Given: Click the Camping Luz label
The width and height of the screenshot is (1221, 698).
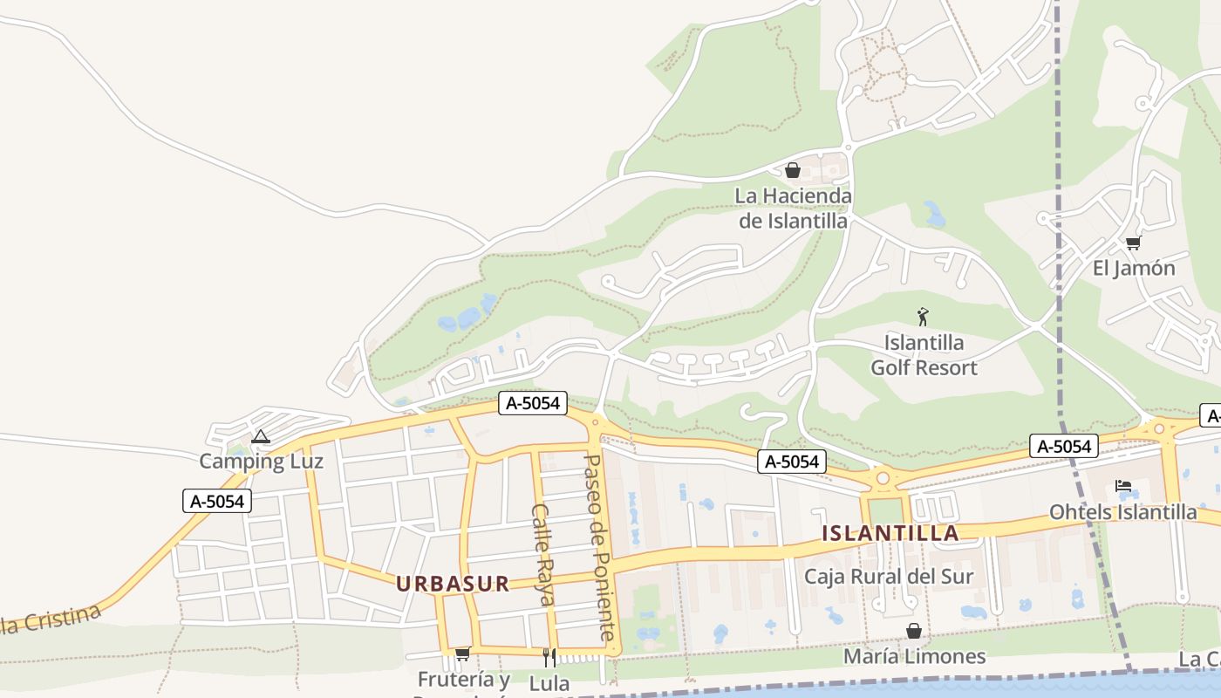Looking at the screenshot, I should (261, 462).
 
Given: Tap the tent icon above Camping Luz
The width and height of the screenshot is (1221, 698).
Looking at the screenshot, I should (260, 436).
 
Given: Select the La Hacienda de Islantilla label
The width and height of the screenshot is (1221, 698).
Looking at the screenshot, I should (793, 209).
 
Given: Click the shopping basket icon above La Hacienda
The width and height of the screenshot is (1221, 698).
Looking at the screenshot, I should (793, 170).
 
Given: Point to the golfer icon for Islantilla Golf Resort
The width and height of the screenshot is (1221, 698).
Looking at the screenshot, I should (923, 317).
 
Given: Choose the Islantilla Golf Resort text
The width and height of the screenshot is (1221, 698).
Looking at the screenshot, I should (924, 355).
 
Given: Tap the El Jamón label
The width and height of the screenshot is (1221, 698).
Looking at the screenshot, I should (1134, 269).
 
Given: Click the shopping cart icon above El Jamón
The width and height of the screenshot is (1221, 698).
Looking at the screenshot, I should (1133, 243).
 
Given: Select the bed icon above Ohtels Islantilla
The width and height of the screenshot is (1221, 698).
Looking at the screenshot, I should (1123, 486).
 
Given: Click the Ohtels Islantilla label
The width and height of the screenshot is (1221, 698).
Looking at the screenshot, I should (1123, 512).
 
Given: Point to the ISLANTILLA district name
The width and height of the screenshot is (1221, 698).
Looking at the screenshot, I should (890, 533).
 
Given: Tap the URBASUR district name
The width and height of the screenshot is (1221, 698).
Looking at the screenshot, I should (453, 584).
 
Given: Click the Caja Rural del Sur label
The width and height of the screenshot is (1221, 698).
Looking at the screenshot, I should (889, 577).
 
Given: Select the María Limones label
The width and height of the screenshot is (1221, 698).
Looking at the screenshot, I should (914, 656).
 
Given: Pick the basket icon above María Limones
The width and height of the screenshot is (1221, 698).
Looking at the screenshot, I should (914, 631).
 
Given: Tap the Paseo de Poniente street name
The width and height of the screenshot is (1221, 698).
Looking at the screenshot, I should (603, 547).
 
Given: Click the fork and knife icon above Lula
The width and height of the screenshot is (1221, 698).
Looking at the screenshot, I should (549, 657).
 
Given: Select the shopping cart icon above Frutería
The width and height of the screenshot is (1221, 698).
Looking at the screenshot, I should (462, 654).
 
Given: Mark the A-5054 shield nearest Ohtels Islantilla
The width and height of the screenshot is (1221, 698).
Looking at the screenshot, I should (1063, 446).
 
